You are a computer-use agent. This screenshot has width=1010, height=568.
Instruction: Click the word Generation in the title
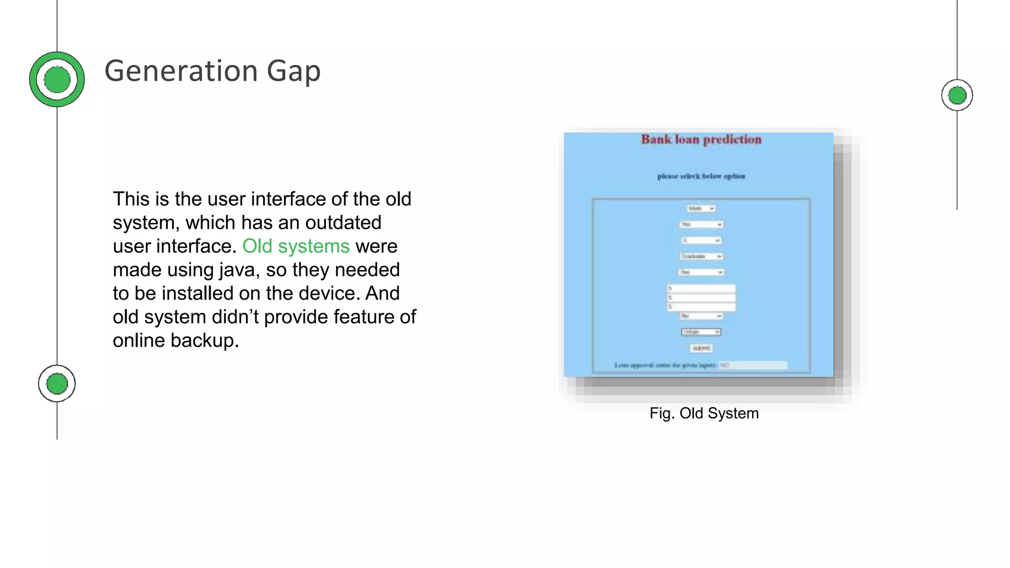180,71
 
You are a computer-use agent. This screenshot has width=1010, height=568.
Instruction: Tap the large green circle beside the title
57,79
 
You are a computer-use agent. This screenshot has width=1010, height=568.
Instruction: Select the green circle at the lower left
57,384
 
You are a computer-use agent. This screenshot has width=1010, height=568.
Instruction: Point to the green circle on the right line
957,95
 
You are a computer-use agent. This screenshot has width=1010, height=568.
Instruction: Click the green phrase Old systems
295,246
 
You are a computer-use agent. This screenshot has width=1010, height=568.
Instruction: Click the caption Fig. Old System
704,413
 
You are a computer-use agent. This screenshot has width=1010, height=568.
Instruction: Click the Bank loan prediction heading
701,140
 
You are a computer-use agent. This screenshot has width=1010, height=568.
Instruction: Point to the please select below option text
701,176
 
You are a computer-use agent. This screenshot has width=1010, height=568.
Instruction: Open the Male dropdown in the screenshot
701,209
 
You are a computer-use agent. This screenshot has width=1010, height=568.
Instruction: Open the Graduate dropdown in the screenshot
701,256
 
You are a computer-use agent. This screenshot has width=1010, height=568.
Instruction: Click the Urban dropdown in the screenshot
701,332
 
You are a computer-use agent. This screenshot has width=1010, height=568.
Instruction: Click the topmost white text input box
701,289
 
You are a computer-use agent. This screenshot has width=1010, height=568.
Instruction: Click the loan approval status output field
753,365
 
